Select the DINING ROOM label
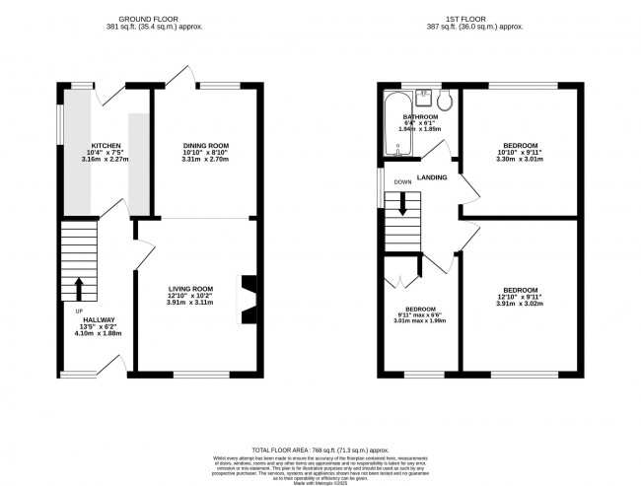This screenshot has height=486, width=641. coord(205,146)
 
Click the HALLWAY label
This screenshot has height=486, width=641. coord(99,320)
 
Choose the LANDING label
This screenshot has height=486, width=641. coord(432,177)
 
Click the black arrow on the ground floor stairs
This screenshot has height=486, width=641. coord(79,288)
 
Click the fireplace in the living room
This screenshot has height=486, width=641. coord(249,298)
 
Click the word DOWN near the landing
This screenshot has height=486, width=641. coord(402,182)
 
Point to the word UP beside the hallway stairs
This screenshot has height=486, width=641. coord(79,312)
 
